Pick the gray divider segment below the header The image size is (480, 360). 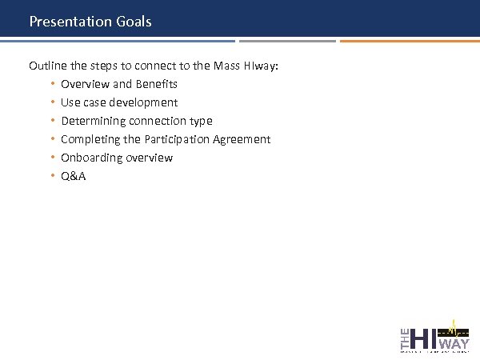point(287,41)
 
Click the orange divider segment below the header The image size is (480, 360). point(409,41)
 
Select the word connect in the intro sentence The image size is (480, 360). point(142,66)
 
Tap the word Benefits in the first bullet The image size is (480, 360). point(157,84)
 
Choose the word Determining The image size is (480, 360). point(93,121)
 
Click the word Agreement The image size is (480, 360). point(244,139)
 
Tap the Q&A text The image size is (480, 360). point(73,176)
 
